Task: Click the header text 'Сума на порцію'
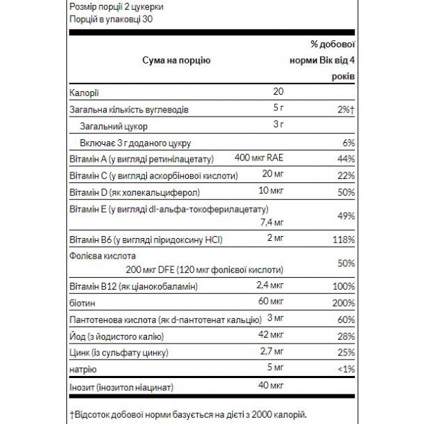point(174,61)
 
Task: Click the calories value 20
point(278,93)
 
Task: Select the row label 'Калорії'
point(86,93)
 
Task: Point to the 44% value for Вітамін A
point(344,158)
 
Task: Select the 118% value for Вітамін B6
point(343,240)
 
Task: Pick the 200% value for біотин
point(343,302)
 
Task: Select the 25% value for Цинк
point(344,351)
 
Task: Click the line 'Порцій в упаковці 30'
point(111,20)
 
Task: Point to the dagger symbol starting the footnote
point(71,411)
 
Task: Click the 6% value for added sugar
point(346,141)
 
